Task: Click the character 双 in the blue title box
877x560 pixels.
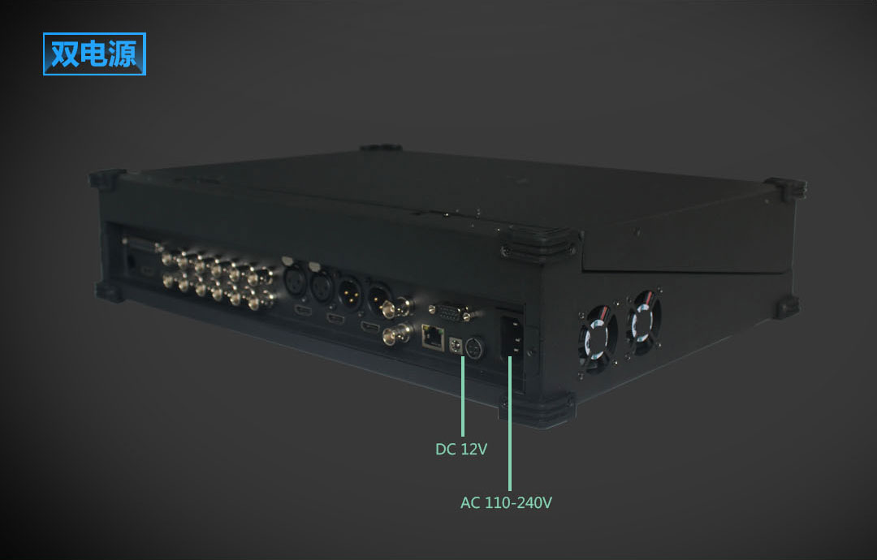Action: [x=65, y=54]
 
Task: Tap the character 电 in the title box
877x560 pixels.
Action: [x=94, y=54]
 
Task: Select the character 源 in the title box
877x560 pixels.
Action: [x=123, y=54]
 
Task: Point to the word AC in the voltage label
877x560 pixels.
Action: [x=470, y=502]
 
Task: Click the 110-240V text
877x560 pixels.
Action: [x=518, y=502]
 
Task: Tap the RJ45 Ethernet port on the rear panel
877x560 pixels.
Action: [x=432, y=337]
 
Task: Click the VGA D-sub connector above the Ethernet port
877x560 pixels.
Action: [x=450, y=312]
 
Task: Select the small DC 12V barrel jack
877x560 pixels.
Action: [x=456, y=346]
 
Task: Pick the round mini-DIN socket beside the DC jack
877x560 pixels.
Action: [x=475, y=349]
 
